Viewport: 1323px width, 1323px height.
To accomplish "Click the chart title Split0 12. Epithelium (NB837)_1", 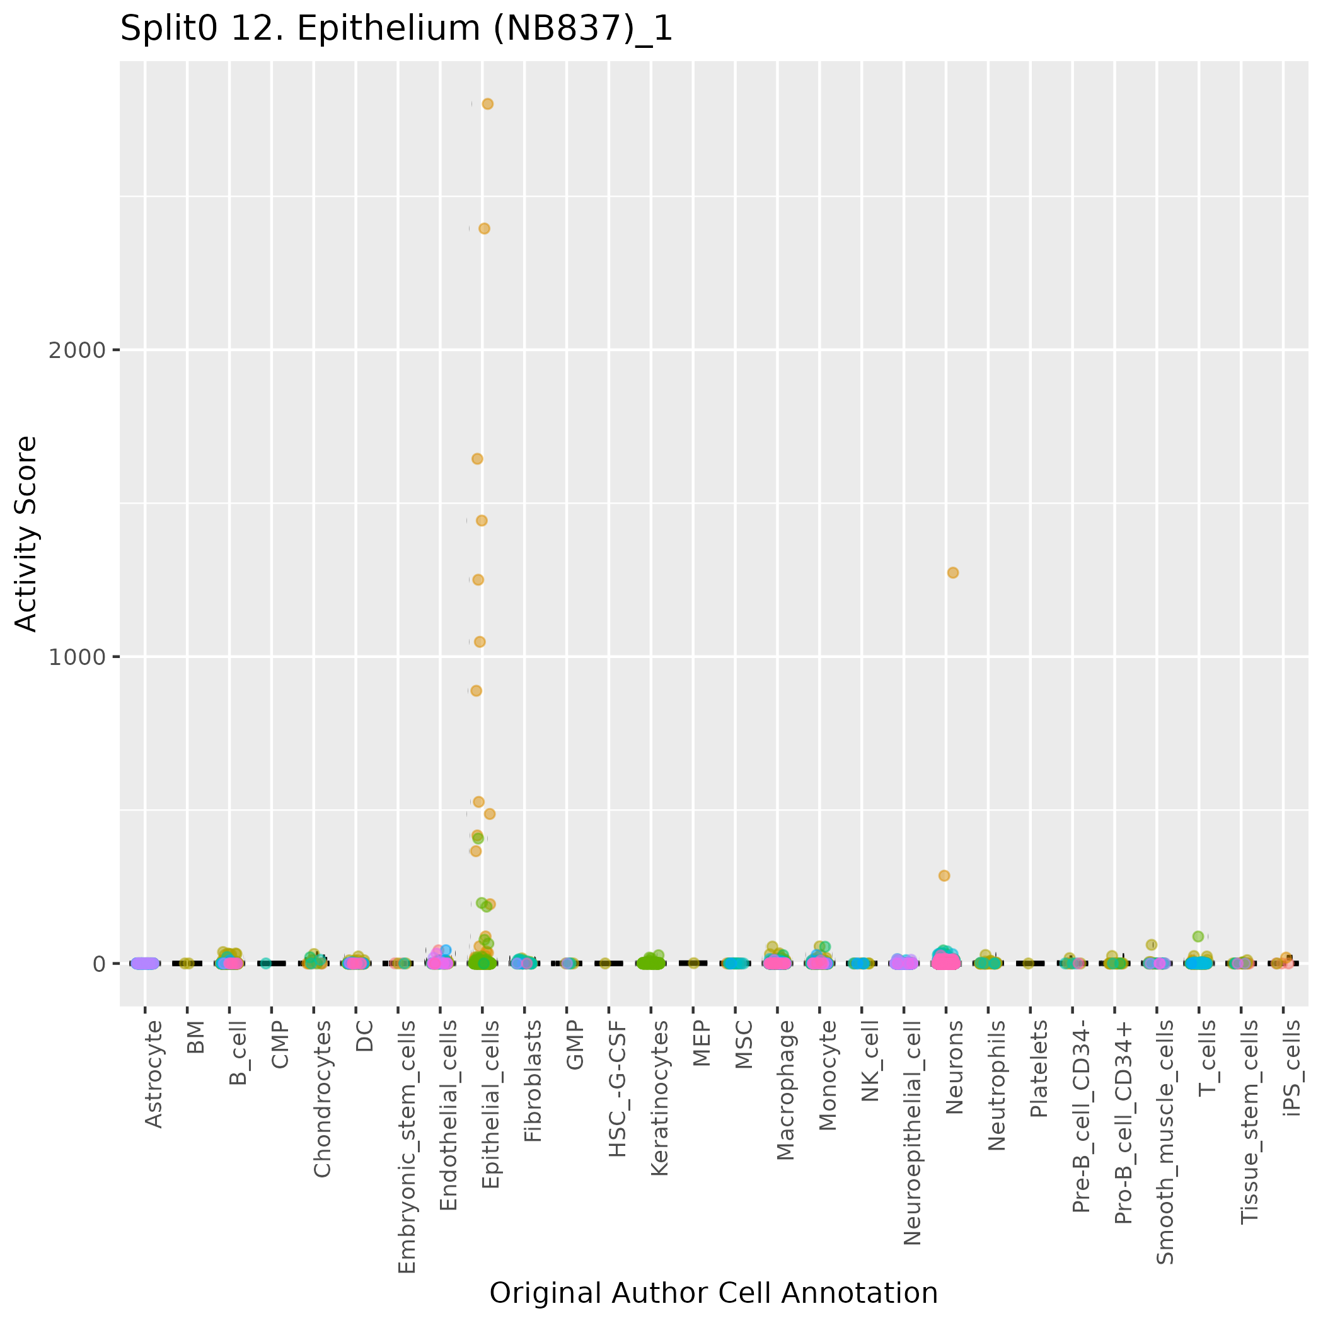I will coord(396,30).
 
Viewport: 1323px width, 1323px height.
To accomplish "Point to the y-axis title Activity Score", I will coord(26,533).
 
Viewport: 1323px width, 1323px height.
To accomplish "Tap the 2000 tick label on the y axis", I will coord(78,350).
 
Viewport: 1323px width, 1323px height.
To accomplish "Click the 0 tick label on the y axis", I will coord(98,964).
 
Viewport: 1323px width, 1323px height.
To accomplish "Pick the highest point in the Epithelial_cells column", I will coord(488,104).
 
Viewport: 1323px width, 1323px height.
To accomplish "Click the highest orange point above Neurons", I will coord(952,572).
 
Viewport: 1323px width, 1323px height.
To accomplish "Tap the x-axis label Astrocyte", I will coord(154,1073).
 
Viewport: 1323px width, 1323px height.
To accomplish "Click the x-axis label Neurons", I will coord(954,1067).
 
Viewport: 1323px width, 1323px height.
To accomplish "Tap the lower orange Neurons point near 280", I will coord(944,875).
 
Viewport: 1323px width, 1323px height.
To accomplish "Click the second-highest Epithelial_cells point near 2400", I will coord(484,229).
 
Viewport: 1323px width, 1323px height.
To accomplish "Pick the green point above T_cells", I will coord(1198,936).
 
